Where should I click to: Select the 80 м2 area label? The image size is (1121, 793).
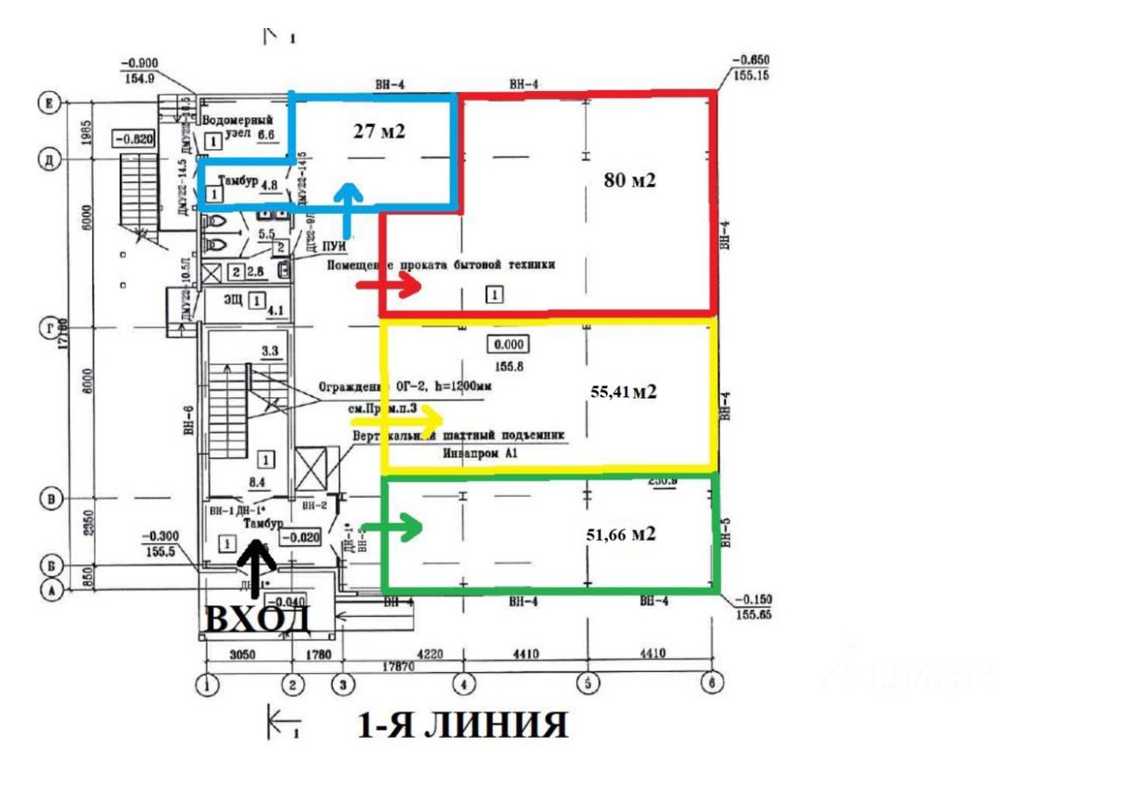630,181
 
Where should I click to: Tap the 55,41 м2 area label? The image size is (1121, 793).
624,393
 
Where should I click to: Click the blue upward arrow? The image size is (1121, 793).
349,209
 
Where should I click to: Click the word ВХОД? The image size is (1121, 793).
257,618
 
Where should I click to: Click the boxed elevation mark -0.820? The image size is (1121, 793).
132,138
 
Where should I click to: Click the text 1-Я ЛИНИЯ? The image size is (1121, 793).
462,726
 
